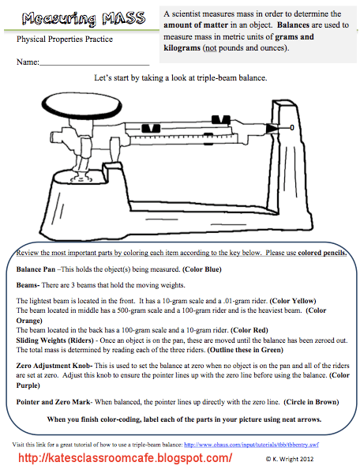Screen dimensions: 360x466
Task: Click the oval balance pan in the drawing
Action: (81, 105)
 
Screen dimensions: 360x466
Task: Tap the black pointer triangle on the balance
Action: (272, 129)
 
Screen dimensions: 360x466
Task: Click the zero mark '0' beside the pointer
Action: (292, 127)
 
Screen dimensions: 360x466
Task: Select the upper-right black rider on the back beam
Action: (221, 120)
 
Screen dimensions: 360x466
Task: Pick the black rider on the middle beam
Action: (151, 129)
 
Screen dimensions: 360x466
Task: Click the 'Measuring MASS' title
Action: (84, 19)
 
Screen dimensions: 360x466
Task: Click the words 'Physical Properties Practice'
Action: (65, 39)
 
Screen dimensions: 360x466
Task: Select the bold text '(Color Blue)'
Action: (202, 269)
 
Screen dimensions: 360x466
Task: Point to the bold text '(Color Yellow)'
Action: (293, 301)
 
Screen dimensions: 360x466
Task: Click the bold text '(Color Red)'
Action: (249, 330)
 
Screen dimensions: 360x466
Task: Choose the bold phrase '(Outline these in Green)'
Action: (246, 350)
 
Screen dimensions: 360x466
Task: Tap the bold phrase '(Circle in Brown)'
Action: (311, 402)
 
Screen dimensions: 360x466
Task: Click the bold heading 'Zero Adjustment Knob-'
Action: (54, 366)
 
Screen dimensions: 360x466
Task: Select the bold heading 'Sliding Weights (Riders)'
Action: (55, 340)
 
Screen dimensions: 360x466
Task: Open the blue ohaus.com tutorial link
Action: (251, 445)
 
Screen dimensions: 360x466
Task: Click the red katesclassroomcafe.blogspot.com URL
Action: (125, 457)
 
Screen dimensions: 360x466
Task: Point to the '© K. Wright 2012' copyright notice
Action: (290, 459)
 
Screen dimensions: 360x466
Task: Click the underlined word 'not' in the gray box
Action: (211, 48)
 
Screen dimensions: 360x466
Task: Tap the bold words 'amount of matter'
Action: (196, 25)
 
